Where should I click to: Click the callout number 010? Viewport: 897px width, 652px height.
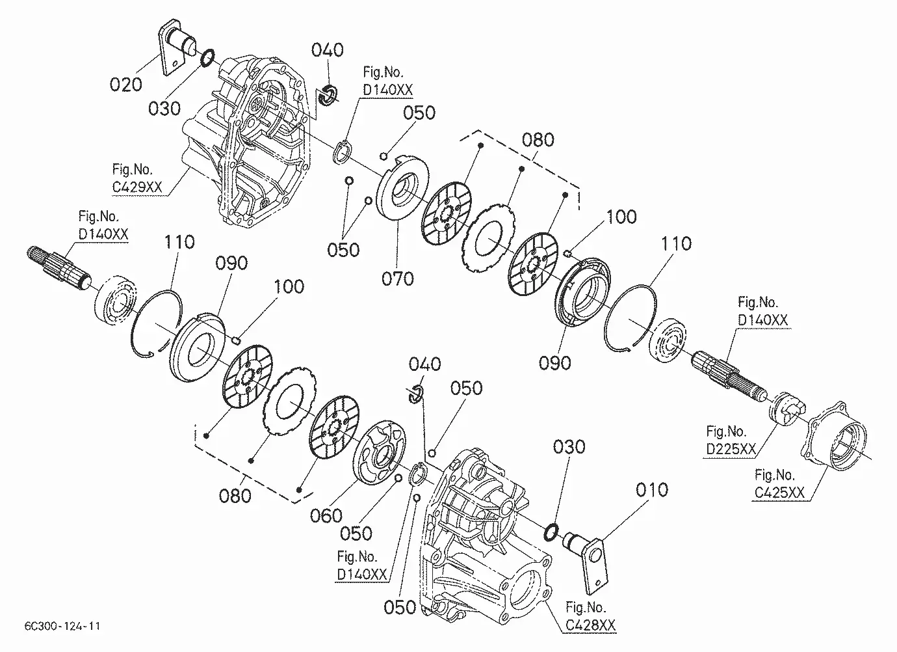click(x=651, y=489)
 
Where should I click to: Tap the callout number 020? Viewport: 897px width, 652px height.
click(x=126, y=84)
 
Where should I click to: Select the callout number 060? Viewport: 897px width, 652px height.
click(x=326, y=516)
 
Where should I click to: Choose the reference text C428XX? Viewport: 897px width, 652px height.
click(x=591, y=625)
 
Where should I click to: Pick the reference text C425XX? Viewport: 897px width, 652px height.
click(x=780, y=493)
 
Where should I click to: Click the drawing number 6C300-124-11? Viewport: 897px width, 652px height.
click(x=55, y=627)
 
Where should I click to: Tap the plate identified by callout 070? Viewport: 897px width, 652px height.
click(x=403, y=188)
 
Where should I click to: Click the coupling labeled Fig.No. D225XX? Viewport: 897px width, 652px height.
click(x=786, y=407)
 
